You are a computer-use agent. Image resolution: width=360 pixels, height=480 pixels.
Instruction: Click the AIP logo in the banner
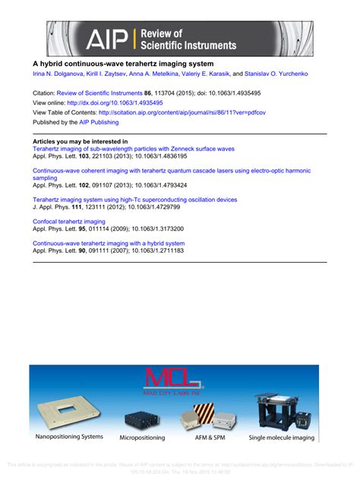(x=106, y=39)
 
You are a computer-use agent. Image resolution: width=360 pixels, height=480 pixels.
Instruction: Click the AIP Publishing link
(x=99, y=122)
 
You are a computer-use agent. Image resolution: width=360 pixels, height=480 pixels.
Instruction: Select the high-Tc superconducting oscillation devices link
(x=134, y=200)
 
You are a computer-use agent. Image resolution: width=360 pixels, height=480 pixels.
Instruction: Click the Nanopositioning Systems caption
(x=69, y=437)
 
